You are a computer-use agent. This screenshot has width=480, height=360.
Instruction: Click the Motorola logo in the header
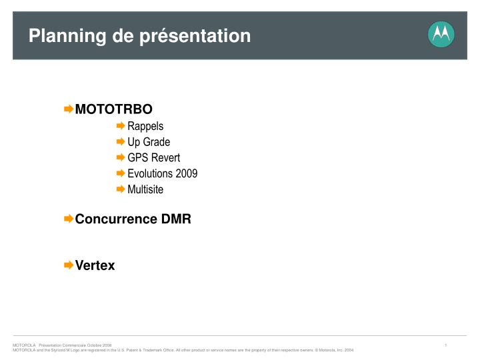coord(441,34)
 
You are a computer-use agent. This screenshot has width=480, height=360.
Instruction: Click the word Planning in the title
coord(67,36)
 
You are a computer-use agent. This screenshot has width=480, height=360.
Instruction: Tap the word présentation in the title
coord(195,36)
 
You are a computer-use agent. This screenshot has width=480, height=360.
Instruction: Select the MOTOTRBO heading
coord(113,109)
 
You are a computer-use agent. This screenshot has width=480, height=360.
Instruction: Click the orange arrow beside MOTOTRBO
coord(69,109)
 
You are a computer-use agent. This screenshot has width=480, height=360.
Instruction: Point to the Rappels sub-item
coord(145,126)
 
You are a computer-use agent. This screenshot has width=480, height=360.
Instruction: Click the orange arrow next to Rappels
coord(121,125)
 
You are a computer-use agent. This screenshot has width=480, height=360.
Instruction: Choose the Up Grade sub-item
coord(149,142)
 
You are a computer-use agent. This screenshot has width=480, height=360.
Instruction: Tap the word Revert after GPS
coord(167,157)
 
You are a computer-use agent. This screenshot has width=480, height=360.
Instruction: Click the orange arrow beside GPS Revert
coord(121,157)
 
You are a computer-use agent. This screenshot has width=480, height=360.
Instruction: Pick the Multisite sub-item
coord(145,189)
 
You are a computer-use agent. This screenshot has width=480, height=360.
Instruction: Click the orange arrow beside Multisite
coord(121,189)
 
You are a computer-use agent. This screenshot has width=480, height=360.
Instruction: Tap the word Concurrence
coord(116,219)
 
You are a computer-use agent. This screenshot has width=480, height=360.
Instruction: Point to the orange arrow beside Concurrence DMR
coord(69,219)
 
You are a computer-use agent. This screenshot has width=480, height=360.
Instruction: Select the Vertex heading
coord(95,265)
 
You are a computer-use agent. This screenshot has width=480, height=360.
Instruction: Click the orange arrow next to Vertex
coord(69,265)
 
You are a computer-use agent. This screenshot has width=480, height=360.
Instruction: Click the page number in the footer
coord(446,345)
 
